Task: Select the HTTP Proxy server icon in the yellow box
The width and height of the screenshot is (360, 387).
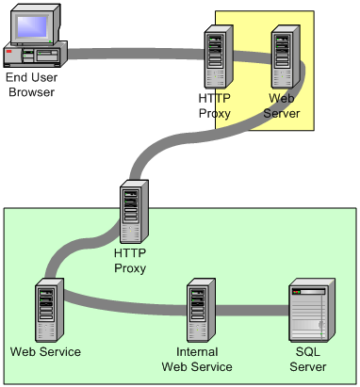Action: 220,56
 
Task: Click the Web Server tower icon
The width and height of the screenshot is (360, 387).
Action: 285,56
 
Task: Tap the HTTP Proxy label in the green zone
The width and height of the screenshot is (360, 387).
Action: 130,260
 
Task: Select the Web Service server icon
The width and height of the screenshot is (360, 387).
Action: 47,310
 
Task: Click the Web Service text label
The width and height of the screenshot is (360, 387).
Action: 45,351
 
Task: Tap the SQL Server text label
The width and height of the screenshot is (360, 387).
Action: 310,359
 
